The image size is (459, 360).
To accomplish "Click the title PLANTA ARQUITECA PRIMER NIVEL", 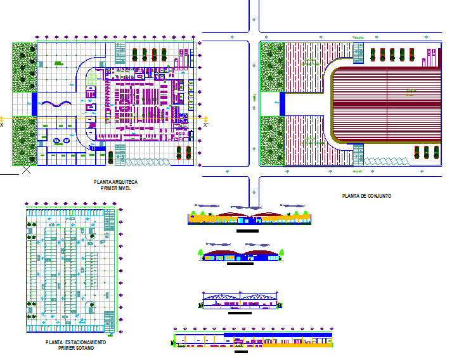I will pos(115,184).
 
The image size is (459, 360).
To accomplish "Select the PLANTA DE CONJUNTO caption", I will pos(366,196).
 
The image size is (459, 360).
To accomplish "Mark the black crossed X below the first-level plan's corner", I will pos(26,169).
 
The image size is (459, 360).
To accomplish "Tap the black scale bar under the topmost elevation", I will pos(247,231).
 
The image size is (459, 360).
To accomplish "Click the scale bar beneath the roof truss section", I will pos(240,312).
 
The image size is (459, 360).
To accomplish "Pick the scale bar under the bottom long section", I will pos(241,352).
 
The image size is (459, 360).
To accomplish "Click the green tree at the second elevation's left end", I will pos(201,253).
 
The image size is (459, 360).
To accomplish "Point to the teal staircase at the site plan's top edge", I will pos(358,53).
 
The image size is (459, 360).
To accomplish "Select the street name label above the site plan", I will pos(358,38).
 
